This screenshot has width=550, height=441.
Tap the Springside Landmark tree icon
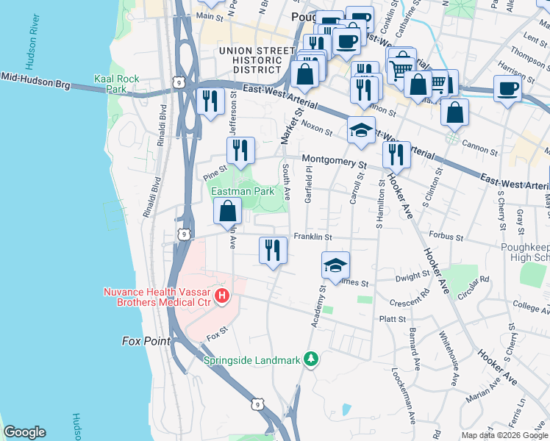(312, 359)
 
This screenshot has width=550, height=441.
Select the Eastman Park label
(243, 191)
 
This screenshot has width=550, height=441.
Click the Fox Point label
(146, 341)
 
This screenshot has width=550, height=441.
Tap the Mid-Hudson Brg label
(35, 81)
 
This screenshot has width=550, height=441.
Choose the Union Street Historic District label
(250, 60)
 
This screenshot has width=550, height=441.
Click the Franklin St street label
(313, 237)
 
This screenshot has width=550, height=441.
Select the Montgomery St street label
(334, 163)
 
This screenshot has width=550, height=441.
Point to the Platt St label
(392, 319)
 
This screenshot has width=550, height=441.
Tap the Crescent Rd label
(410, 301)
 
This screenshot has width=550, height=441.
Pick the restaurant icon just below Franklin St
(272, 250)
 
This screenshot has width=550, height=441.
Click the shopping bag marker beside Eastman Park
(228, 211)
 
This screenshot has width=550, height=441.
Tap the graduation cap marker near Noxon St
(361, 130)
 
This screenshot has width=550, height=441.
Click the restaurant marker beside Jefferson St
(240, 151)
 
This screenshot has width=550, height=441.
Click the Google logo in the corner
(24, 432)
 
